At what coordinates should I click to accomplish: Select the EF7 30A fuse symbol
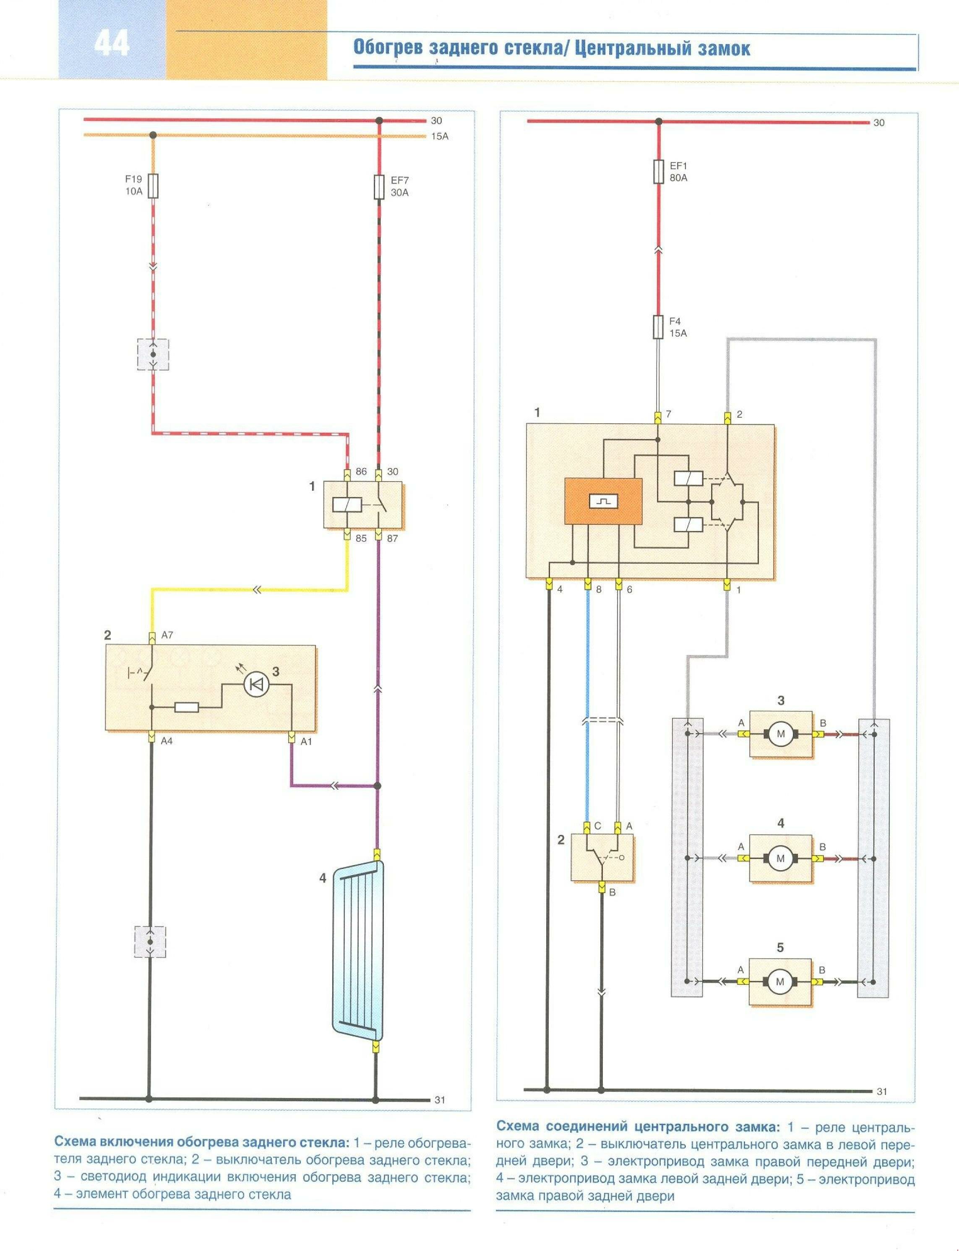tap(378, 187)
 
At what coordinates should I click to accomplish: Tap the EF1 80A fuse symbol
tap(658, 171)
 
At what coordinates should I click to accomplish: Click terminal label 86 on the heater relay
tap(361, 472)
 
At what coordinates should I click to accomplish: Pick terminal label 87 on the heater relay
tap(392, 538)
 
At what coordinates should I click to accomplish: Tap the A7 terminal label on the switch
tap(167, 635)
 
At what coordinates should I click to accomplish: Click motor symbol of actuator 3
tap(780, 734)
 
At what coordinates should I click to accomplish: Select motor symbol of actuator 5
tap(780, 981)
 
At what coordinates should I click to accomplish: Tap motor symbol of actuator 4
tap(780, 858)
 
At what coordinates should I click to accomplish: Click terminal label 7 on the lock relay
tap(668, 414)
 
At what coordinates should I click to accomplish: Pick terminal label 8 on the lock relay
tap(598, 589)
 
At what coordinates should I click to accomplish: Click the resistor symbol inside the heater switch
tap(187, 708)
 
